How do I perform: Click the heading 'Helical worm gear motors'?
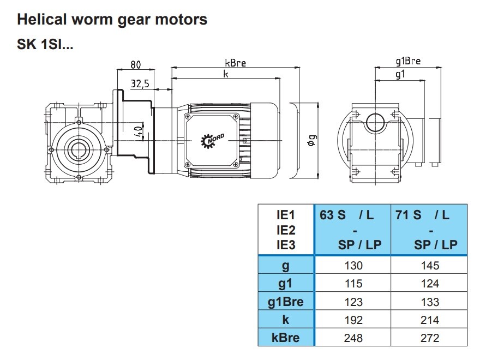[112, 20]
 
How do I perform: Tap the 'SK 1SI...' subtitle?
[45, 45]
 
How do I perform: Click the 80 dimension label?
[136, 64]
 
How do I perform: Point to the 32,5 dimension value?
[140, 83]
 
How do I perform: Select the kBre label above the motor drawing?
[235, 63]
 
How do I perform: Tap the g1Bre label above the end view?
[407, 61]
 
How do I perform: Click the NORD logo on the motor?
[212, 140]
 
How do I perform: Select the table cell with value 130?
[352, 266]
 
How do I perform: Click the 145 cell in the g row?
[429, 266]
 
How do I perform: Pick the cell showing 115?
[352, 284]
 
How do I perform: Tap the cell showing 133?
[429, 302]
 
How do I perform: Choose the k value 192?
[352, 320]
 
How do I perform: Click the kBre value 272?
[429, 338]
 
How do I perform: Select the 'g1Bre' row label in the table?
[285, 302]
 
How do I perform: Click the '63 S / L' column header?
[347, 215]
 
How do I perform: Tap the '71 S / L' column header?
[423, 215]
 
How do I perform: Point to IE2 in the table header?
[285, 230]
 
